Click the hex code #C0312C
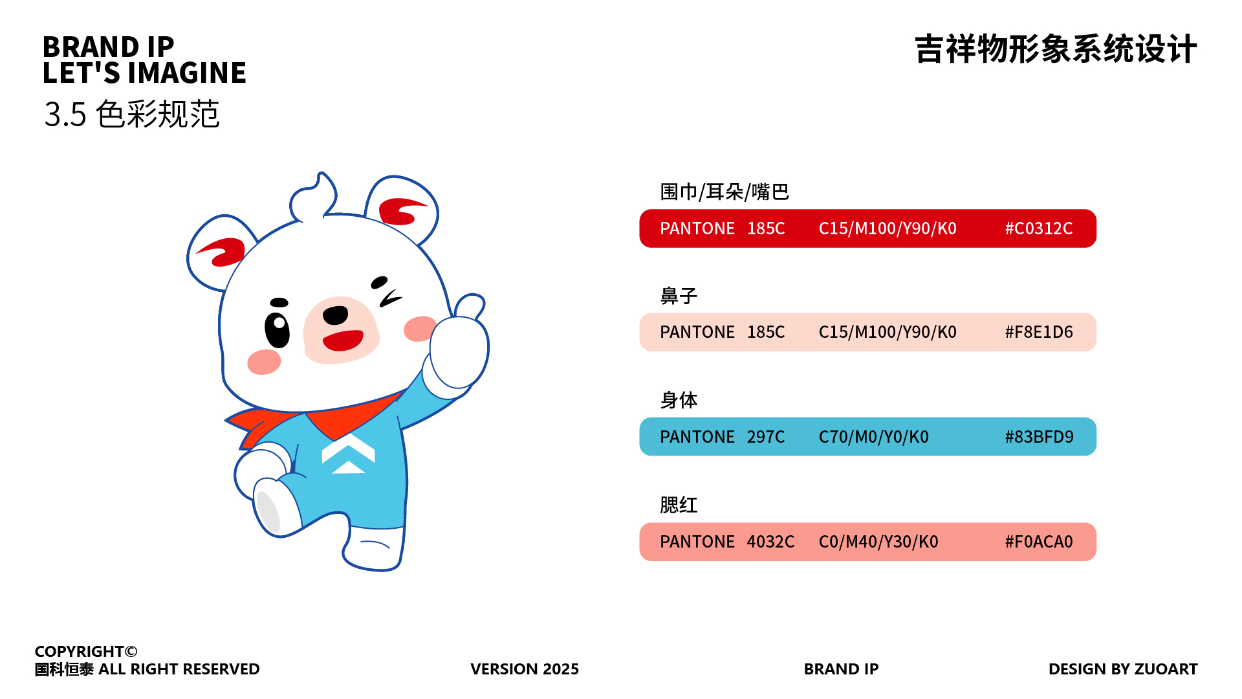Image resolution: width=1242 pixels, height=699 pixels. [x=1038, y=228]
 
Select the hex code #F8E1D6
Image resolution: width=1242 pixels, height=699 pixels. [x=1038, y=332]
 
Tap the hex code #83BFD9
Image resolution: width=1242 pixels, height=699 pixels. [x=1038, y=437]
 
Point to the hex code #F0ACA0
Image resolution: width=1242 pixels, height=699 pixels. [x=1038, y=542]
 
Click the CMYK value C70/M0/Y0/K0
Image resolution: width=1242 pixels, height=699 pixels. [x=873, y=437]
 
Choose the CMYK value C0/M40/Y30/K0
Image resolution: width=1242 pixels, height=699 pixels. [x=878, y=542]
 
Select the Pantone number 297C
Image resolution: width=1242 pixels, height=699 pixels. [x=765, y=437]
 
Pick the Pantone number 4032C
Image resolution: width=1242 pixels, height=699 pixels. [x=770, y=542]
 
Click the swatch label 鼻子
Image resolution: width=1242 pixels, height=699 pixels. [x=679, y=296]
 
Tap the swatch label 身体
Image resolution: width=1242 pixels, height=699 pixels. [x=679, y=400]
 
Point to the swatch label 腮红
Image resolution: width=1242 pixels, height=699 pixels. [x=679, y=505]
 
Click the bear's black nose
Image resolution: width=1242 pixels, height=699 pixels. [x=336, y=315]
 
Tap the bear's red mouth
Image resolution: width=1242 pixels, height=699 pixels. [x=342, y=340]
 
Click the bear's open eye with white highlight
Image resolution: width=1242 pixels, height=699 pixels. [x=278, y=329]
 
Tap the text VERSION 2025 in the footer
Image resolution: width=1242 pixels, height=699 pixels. [x=524, y=669]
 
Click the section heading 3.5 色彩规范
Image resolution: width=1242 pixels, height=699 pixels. [x=132, y=115]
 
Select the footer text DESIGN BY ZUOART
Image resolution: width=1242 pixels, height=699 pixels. [x=1122, y=669]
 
